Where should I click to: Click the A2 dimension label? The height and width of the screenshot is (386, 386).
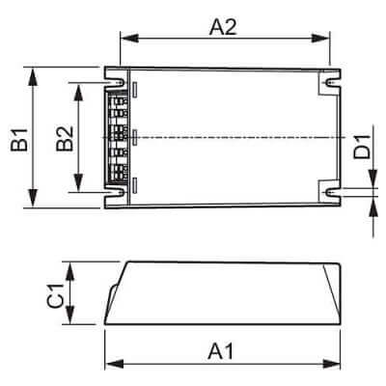click(224, 28)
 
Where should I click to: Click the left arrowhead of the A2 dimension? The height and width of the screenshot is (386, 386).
click(123, 40)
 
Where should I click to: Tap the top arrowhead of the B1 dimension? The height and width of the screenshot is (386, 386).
click(35, 71)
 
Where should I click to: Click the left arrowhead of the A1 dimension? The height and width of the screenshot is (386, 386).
click(108, 363)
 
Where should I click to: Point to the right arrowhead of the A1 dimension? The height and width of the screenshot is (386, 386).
click(340, 363)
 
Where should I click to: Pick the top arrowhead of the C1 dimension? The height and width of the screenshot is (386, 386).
click(70, 265)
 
